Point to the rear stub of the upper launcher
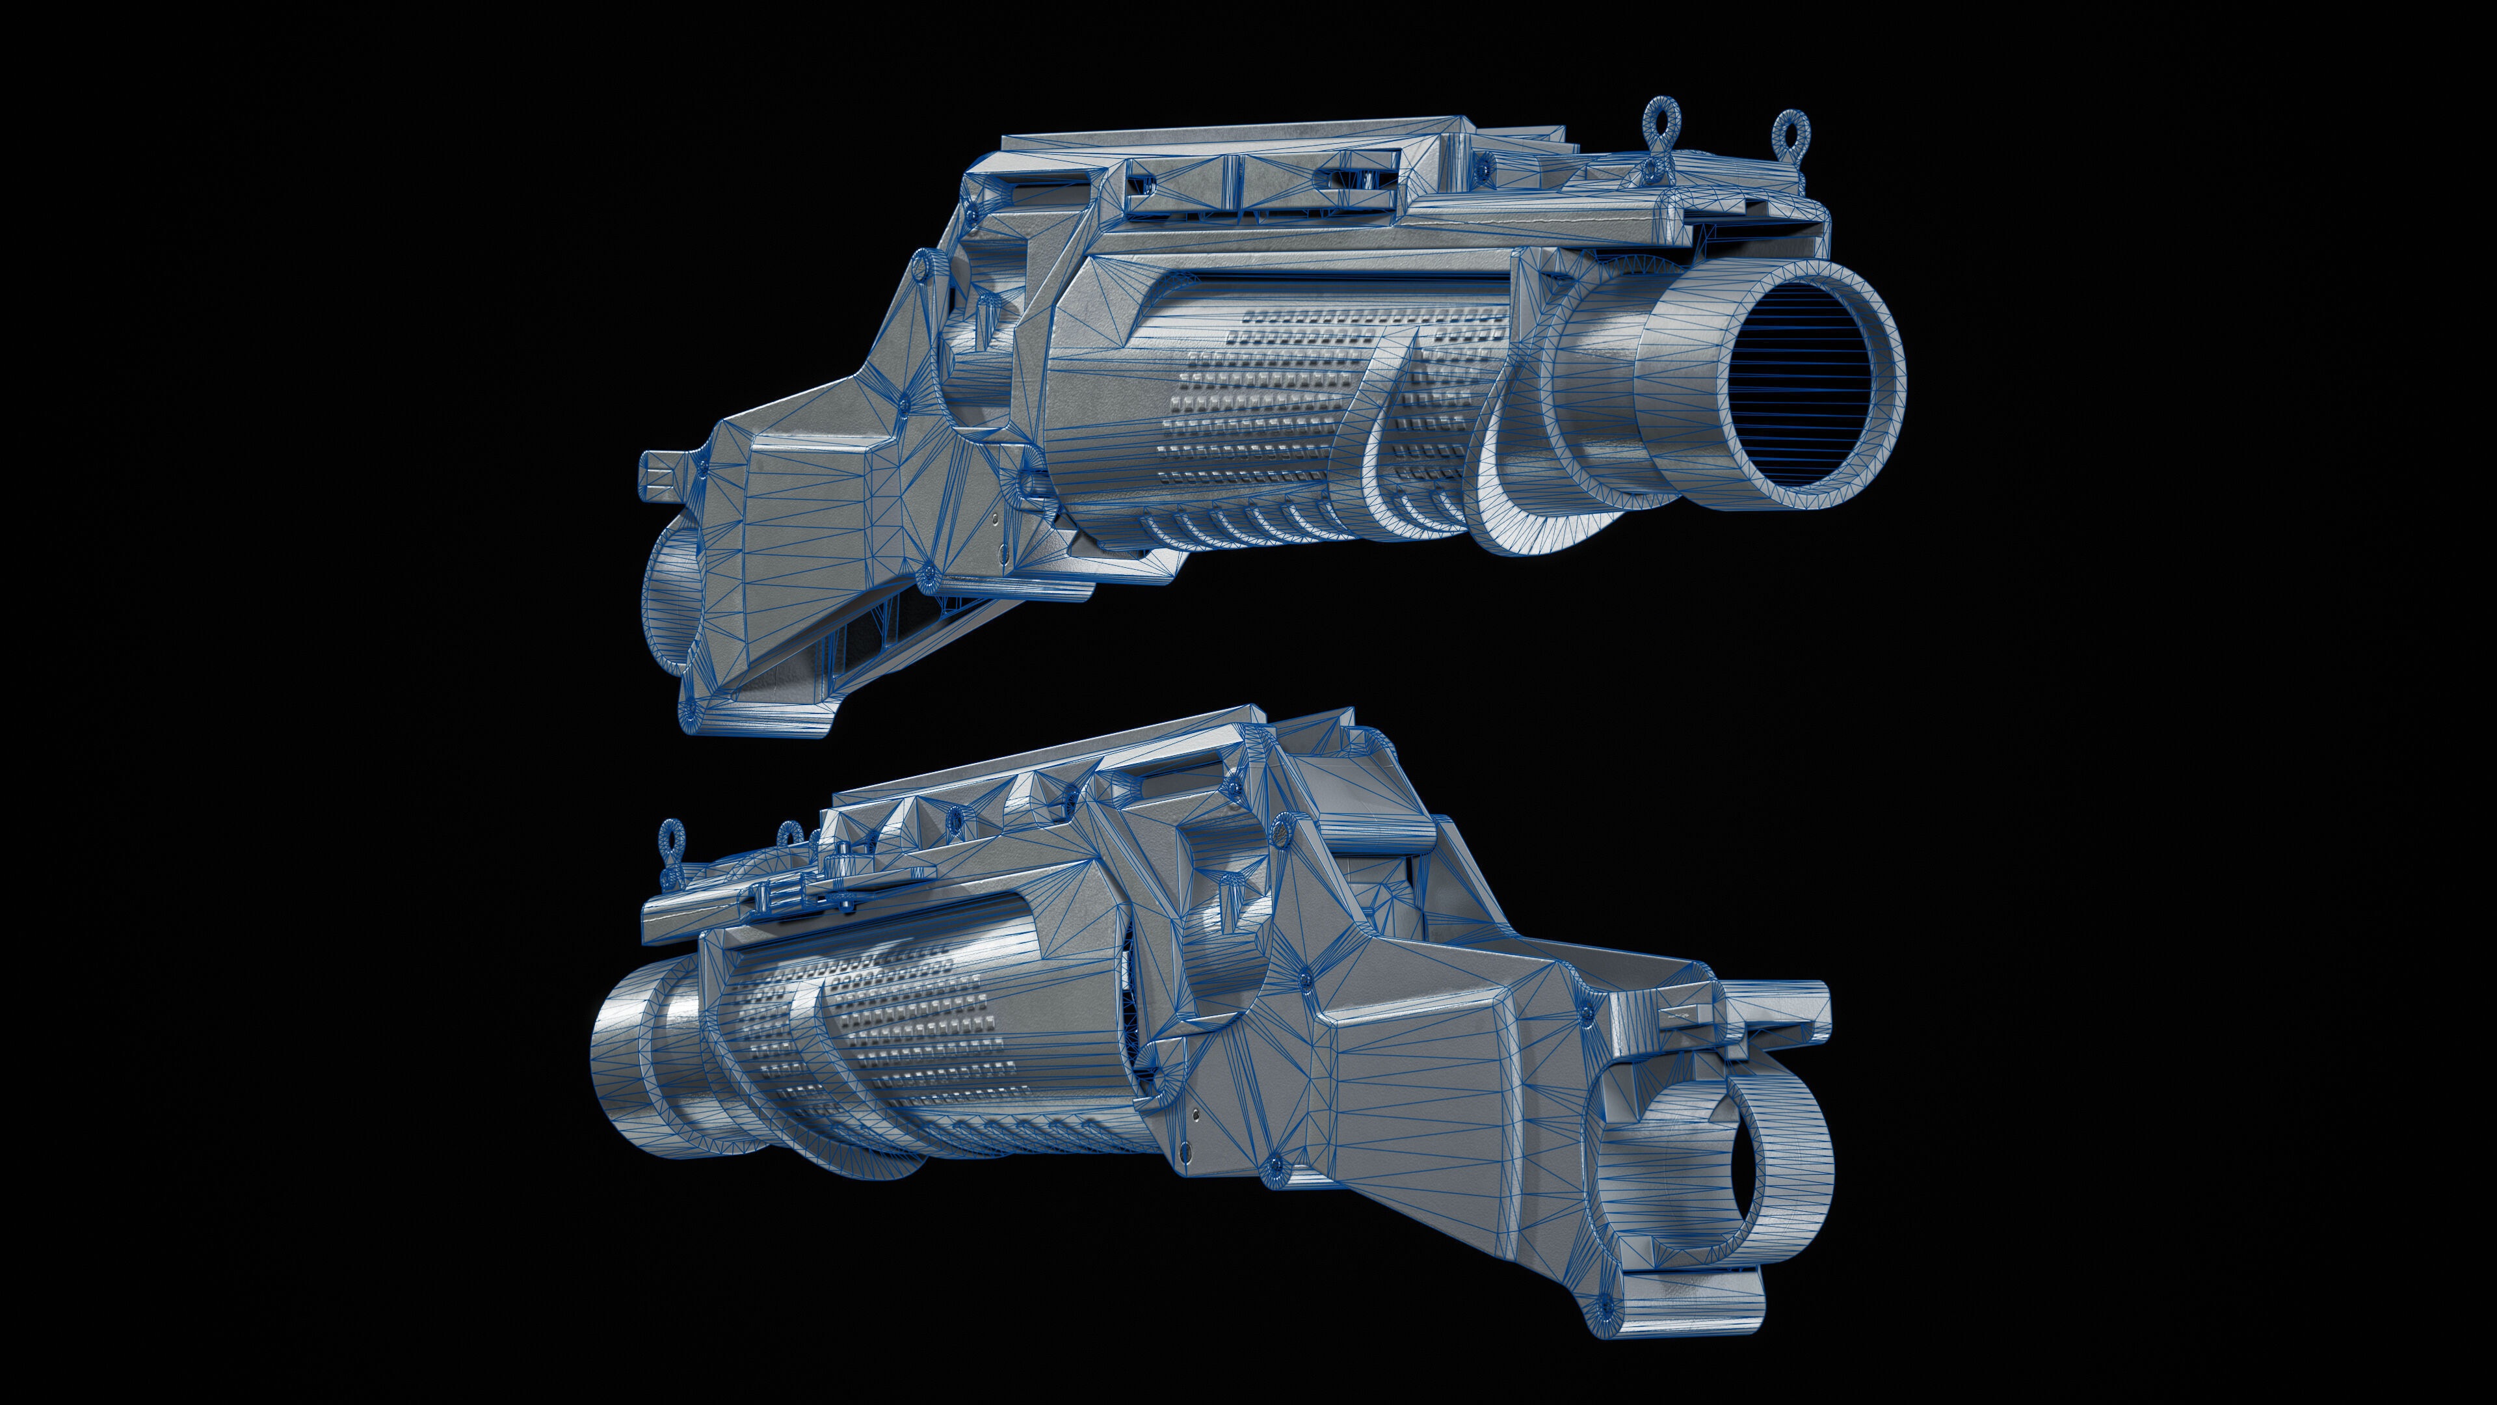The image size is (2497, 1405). point(659,475)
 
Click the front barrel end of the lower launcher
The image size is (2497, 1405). point(630,1067)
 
